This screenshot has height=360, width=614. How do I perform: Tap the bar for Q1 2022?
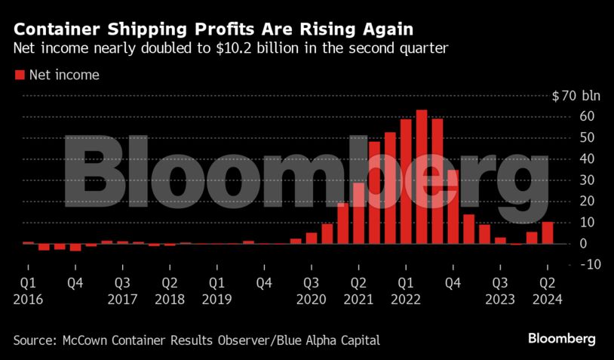(406, 181)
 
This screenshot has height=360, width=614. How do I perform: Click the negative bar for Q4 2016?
(75, 247)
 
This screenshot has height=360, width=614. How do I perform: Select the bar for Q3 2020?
(312, 238)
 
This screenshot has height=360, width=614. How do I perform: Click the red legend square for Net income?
(19, 75)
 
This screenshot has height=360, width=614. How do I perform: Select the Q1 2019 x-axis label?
(216, 291)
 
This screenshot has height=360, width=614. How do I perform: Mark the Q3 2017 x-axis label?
(122, 291)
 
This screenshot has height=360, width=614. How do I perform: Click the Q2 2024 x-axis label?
(547, 291)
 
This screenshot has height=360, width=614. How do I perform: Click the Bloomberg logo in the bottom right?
(562, 338)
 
